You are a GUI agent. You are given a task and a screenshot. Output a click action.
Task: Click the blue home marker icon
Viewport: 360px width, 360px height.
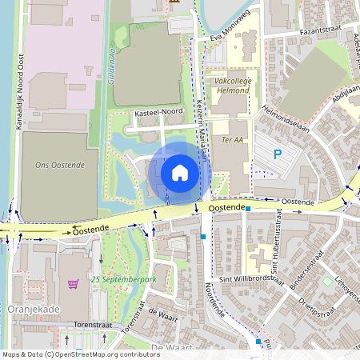click(180, 173)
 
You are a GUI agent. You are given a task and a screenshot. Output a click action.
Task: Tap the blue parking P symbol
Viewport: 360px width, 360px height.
click(278, 154)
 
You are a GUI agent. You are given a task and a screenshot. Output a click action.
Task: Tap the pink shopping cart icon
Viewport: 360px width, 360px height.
click(74, 283)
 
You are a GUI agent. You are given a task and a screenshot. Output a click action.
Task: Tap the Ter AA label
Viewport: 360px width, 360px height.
click(232, 140)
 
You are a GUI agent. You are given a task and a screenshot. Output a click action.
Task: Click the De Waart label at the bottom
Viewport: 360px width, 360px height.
click(169, 347)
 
